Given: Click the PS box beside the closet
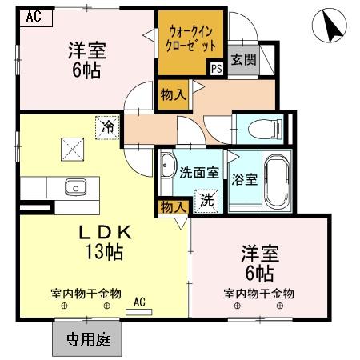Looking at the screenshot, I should pyautogui.click(x=217, y=69).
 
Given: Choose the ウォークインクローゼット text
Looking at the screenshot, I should pyautogui.click(x=190, y=38).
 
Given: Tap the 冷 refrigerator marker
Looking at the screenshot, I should pyautogui.click(x=106, y=126).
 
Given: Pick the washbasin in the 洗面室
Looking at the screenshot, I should pyautogui.click(x=169, y=166).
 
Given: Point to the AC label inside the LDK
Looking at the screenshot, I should pyautogui.click(x=138, y=302).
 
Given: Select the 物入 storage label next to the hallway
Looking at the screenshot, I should pyautogui.click(x=173, y=94).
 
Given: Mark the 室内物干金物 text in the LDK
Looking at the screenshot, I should pyautogui.click(x=85, y=294).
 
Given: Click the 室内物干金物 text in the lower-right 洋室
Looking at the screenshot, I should pyautogui.click(x=258, y=294).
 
